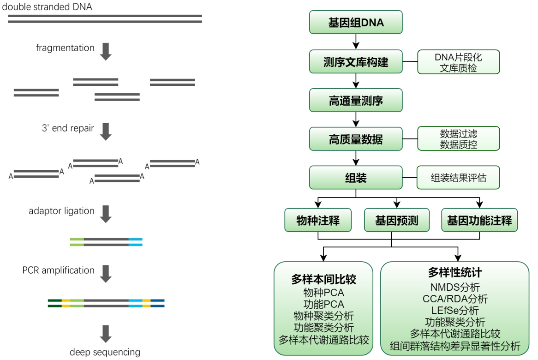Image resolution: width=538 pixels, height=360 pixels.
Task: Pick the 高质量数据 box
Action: click(356, 139)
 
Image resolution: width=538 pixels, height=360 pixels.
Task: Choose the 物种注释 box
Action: click(318, 220)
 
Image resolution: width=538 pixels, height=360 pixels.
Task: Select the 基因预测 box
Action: click(396, 220)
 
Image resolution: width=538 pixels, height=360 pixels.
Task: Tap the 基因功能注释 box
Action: click(479, 220)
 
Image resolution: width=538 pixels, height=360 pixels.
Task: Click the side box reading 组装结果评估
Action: click(458, 178)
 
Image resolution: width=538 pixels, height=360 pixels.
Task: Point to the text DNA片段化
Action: click(458, 57)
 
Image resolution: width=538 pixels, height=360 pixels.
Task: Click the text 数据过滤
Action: click(458, 134)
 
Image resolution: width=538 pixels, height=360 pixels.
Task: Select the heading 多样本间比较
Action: click(323, 280)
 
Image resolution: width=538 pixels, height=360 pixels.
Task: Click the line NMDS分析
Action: click(455, 287)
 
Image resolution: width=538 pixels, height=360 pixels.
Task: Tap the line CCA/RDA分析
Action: click(455, 299)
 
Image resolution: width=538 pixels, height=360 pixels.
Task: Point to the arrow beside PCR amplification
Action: click(106, 273)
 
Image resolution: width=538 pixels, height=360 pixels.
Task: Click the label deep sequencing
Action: click(105, 352)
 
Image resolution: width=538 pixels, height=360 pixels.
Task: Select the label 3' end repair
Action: click(68, 128)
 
